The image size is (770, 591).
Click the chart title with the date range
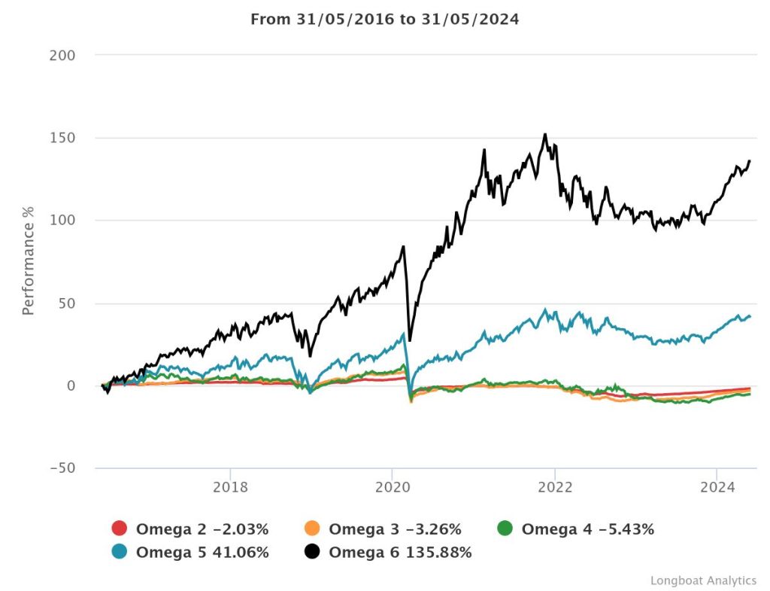click(x=384, y=19)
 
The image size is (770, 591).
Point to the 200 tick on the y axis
click(x=63, y=56)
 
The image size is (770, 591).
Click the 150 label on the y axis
click(x=63, y=139)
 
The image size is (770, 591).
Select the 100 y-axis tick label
click(x=63, y=221)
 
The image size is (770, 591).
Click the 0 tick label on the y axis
click(x=71, y=385)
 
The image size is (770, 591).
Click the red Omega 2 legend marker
click(x=119, y=529)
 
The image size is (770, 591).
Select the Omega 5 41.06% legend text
click(x=202, y=552)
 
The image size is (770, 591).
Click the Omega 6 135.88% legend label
click(x=400, y=552)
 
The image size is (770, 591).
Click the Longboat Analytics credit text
click(x=703, y=580)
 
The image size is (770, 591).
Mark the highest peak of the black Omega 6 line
click(x=544, y=135)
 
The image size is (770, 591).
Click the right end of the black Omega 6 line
click(x=750, y=160)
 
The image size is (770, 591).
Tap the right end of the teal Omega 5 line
click(x=750, y=316)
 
